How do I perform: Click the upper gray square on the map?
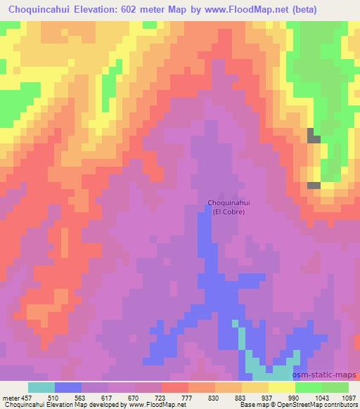tap(314, 136)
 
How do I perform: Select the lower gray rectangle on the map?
tap(314, 185)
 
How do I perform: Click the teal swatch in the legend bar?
tap(41, 387)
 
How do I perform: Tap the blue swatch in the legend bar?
tap(68, 387)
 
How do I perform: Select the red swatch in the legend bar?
tap(175, 387)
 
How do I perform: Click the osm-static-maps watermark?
tap(327, 375)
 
